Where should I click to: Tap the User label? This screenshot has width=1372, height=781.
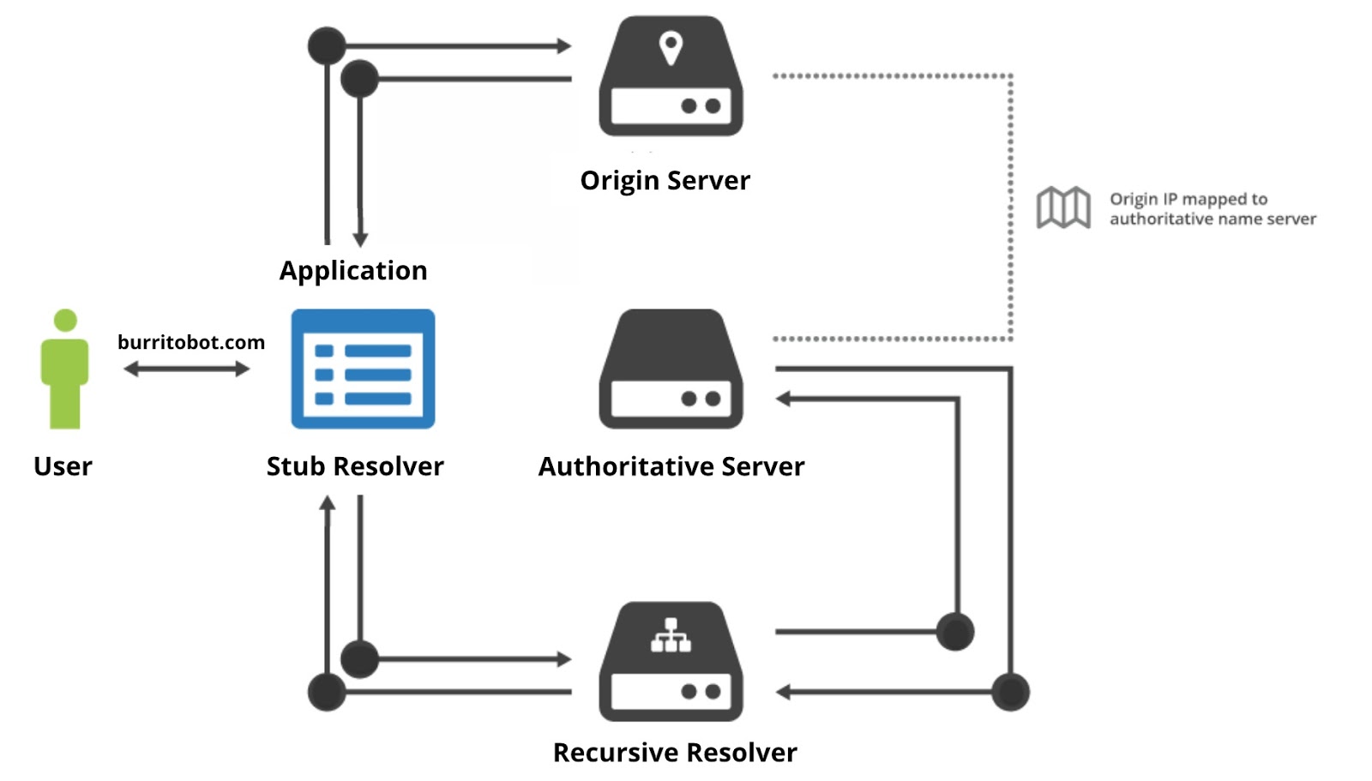click(x=63, y=466)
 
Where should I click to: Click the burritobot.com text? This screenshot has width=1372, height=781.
click(x=190, y=342)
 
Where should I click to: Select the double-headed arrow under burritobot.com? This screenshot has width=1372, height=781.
click(x=186, y=369)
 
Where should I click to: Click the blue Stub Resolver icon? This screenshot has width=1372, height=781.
click(x=363, y=369)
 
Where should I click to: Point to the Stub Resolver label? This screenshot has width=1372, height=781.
click(x=355, y=466)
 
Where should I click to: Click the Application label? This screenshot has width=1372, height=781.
click(x=353, y=271)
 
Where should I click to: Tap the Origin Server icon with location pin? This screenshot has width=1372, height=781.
click(x=671, y=77)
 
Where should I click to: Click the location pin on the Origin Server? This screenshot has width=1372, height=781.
click(x=671, y=47)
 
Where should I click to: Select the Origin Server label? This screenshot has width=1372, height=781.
click(x=665, y=181)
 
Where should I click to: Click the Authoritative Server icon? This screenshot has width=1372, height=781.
click(x=671, y=370)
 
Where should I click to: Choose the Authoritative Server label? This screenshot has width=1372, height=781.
click(x=671, y=466)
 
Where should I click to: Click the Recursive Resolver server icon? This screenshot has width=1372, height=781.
click(x=671, y=662)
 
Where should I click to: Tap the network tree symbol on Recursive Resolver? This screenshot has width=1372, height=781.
click(x=671, y=635)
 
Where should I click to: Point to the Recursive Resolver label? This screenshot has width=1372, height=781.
click(x=675, y=753)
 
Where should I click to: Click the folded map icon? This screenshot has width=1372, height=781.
click(x=1063, y=207)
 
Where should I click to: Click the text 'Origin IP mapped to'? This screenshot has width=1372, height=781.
click(x=1188, y=199)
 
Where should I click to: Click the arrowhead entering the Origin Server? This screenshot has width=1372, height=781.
click(x=563, y=45)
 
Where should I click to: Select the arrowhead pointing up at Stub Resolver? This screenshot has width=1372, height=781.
click(x=327, y=504)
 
